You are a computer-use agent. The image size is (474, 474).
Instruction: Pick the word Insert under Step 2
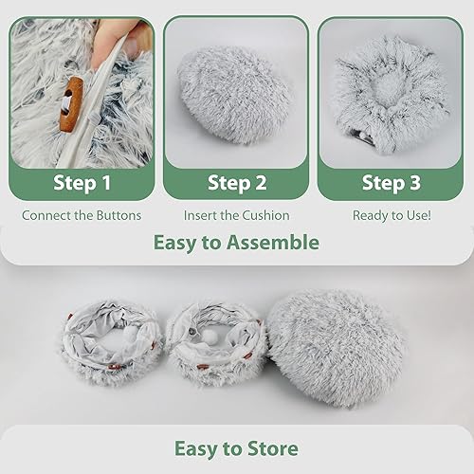(x=201, y=215)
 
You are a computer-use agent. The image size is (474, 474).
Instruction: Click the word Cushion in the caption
(x=263, y=215)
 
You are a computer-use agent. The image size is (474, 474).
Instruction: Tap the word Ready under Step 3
(x=371, y=215)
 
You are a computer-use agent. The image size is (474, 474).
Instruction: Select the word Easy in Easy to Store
(x=194, y=447)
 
